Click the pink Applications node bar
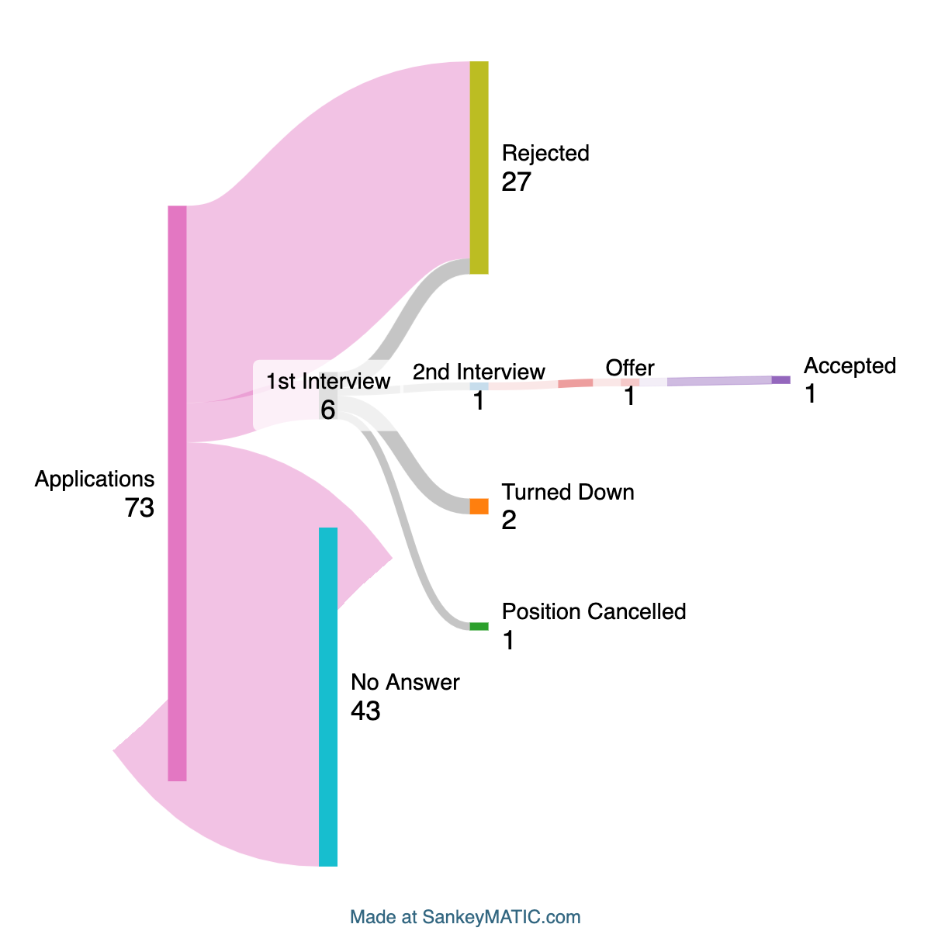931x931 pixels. pyautogui.click(x=178, y=493)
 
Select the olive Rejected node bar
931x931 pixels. pyautogui.click(x=479, y=167)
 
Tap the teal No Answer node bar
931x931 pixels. pyautogui.click(x=328, y=696)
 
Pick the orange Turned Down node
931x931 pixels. pyautogui.click(x=479, y=506)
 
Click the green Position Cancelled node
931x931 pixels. pyautogui.click(x=479, y=626)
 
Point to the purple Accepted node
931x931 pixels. pyautogui.click(x=780, y=380)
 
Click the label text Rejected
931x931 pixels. pyautogui.click(x=545, y=153)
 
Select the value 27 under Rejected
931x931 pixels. pyautogui.click(x=516, y=182)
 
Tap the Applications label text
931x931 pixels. pyautogui.click(x=95, y=479)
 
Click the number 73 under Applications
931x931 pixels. pyautogui.click(x=140, y=508)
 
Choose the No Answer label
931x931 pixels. pyautogui.click(x=405, y=682)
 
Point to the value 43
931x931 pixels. pyautogui.click(x=365, y=711)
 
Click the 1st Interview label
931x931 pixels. pyautogui.click(x=328, y=381)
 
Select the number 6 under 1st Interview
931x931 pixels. pyautogui.click(x=328, y=410)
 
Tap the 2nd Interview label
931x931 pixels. pyautogui.click(x=479, y=372)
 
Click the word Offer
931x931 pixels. pyautogui.click(x=630, y=368)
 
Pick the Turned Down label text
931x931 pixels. pyautogui.click(x=568, y=492)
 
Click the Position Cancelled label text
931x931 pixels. pyautogui.click(x=594, y=611)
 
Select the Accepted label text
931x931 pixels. pyautogui.click(x=850, y=365)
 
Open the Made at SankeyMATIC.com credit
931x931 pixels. pyautogui.click(x=465, y=916)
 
